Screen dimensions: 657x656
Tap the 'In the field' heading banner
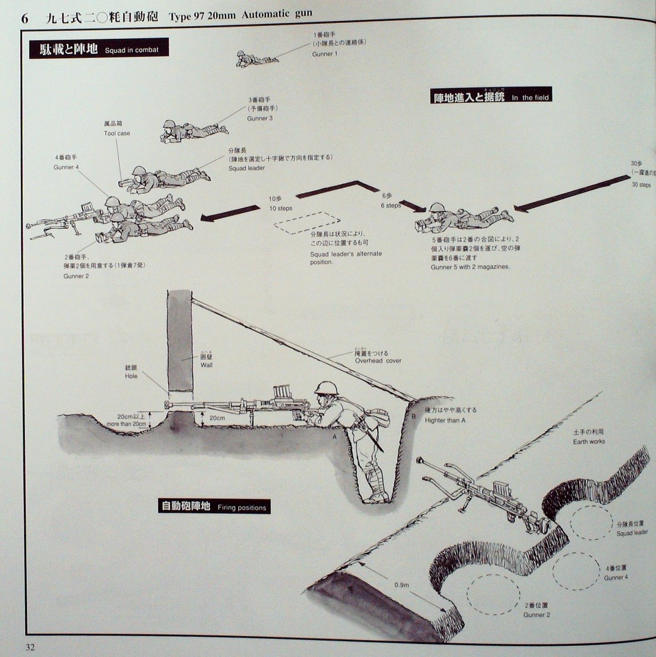click(490, 97)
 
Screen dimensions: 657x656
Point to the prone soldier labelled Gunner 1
click(250, 59)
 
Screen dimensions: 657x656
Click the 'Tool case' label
click(117, 133)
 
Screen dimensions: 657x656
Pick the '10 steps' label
click(280, 208)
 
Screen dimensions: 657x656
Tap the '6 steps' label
click(390, 205)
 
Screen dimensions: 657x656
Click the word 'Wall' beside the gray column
click(206, 365)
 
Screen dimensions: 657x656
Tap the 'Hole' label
click(131, 376)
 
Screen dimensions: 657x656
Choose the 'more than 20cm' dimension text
click(126, 424)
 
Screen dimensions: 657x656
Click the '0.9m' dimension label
click(402, 585)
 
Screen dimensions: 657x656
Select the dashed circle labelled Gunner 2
click(493, 593)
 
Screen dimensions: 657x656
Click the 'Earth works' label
click(589, 441)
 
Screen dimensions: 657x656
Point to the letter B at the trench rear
click(414, 417)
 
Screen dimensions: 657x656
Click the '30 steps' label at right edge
click(641, 185)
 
